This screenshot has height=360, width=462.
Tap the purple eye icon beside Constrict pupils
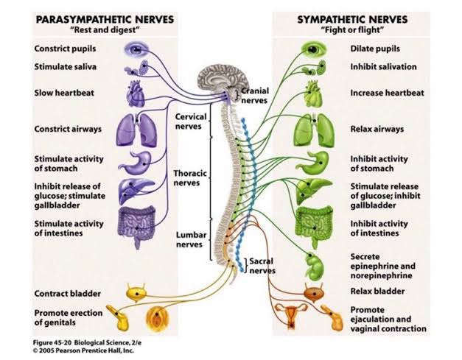coord(136,49)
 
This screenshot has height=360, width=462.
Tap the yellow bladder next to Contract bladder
coord(139,292)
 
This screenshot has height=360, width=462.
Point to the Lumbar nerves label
coord(190,239)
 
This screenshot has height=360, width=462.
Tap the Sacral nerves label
coord(262,266)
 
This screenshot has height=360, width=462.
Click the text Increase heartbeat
coord(387,93)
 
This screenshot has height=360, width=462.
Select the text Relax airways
coord(377,129)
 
